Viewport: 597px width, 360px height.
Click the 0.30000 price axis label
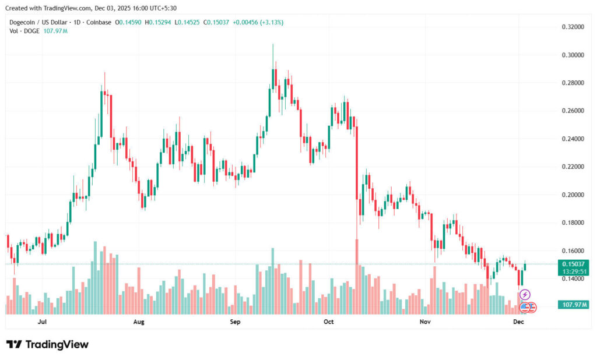pos(573,55)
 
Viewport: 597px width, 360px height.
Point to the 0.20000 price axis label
pos(573,195)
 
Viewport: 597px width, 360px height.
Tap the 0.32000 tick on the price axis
pos(573,27)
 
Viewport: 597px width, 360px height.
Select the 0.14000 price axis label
pos(573,279)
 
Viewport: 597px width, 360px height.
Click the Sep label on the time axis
pos(235,322)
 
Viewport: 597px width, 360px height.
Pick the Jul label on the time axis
pos(42,322)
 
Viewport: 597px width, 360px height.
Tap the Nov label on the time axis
pos(425,322)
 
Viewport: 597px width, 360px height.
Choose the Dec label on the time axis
pos(518,322)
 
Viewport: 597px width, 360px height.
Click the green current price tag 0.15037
pos(574,264)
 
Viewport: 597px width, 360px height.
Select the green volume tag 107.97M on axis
pos(574,305)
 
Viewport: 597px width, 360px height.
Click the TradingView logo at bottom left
pos(47,344)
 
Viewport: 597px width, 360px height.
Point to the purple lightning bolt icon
pos(524,295)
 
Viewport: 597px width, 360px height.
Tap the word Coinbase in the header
pos(98,22)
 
